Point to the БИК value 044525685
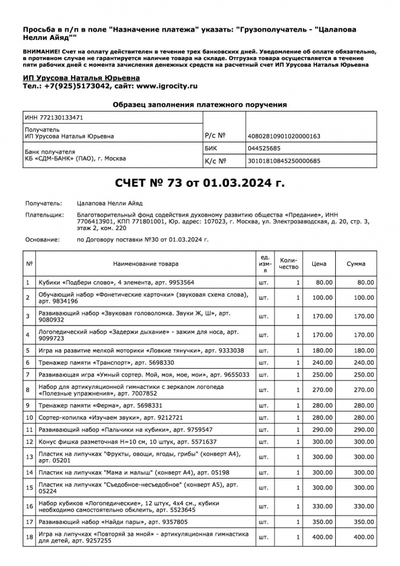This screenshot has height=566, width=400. coord(264,148)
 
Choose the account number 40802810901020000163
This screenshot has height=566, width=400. coord(284,136)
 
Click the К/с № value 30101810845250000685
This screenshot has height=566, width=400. coord(284,161)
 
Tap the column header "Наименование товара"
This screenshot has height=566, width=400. coord(145,264)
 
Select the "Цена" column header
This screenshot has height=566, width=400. coord(319,264)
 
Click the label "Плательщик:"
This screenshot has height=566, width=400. coord(44,215)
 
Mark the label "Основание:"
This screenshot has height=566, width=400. coord(42,240)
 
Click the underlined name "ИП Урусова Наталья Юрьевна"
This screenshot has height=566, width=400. coord(81,78)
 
